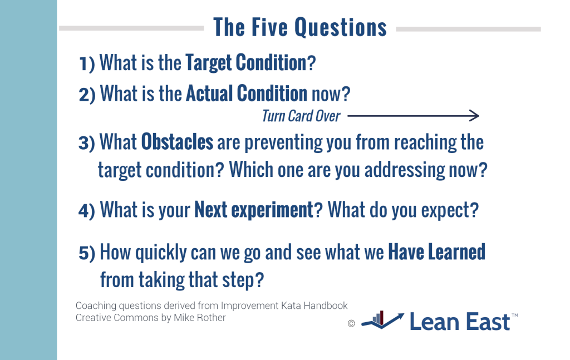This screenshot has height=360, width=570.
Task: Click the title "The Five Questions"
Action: pos(300,27)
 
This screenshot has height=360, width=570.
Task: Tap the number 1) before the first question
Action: pos(87,63)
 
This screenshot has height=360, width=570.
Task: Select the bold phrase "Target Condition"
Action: pos(246,62)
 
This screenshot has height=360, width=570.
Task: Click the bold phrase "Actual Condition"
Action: pos(247,93)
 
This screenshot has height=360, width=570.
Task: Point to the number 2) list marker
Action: pos(87,95)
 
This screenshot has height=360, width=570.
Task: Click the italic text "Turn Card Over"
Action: pos(301,116)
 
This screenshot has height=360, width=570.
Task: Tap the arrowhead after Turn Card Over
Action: pos(474,116)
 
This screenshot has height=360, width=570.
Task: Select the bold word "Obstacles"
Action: pos(177,142)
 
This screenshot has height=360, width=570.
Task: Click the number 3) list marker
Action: pos(87,143)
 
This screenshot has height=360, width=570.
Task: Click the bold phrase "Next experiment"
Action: pos(254,210)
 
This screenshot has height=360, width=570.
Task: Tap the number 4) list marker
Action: pos(87,211)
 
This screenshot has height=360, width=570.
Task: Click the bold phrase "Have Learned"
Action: pos(436,251)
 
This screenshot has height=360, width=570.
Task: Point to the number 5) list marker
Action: pos(87,253)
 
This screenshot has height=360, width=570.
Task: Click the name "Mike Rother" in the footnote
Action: pos(200,318)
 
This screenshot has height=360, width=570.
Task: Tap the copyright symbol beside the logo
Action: pos(351,323)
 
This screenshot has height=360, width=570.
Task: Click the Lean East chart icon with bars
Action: pos(382,320)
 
